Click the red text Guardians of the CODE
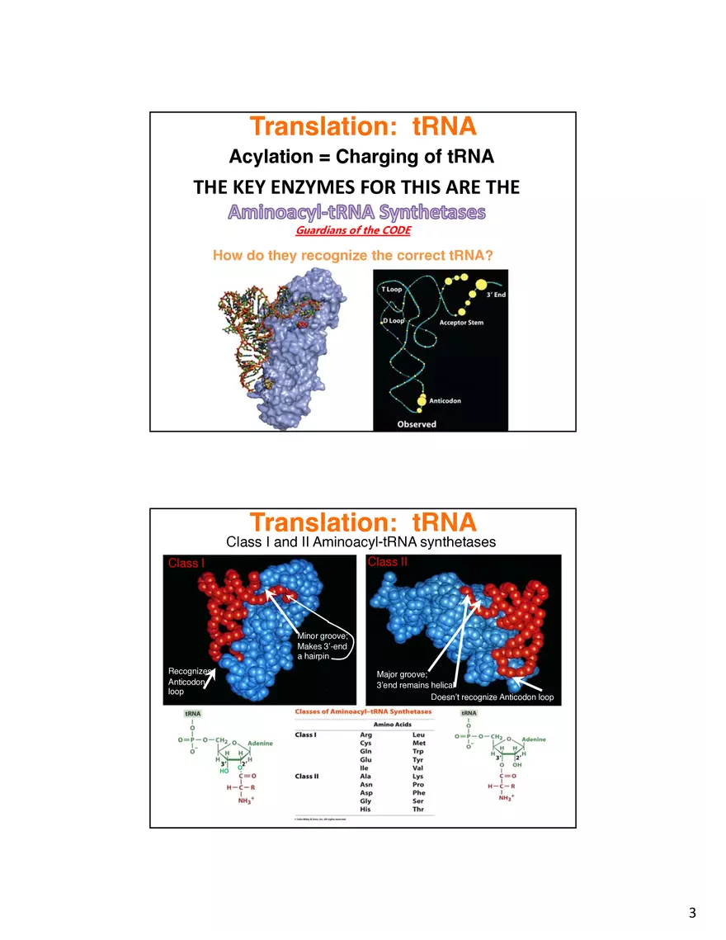pos(352,230)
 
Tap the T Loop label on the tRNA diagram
pos(391,290)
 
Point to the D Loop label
pos(392,320)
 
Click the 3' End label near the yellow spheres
pos(496,295)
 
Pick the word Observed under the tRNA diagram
pos(417,424)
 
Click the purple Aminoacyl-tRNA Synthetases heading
pos(356,212)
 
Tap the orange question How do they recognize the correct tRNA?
pos(352,256)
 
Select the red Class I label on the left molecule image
pos(186,564)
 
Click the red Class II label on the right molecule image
pos(387,562)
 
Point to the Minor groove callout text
pos(322,636)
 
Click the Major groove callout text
pos(401,675)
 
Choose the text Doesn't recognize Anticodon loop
pos(492,698)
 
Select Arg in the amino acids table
pos(366,735)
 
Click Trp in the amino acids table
pos(418,752)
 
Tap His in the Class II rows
pos(365,810)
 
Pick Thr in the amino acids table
pos(418,810)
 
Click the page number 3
pos(692,913)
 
